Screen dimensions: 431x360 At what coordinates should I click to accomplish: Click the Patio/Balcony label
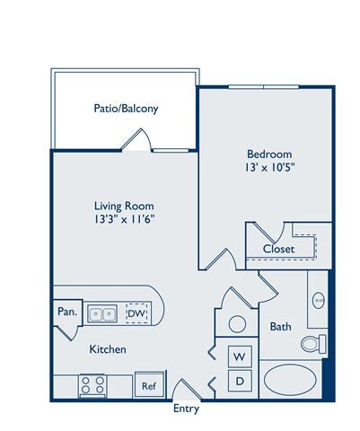(126, 110)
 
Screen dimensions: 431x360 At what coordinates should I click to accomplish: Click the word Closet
(279, 249)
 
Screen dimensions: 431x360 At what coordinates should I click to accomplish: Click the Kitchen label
(107, 348)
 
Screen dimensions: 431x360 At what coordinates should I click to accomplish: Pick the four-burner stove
(92, 384)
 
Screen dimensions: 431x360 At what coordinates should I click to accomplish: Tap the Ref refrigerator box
(149, 386)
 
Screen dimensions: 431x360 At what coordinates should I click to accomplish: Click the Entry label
(186, 409)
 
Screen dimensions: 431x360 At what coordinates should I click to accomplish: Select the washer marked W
(240, 356)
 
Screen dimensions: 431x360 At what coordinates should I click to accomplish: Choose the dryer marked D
(240, 380)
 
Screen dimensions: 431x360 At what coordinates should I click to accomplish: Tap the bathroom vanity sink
(319, 300)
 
